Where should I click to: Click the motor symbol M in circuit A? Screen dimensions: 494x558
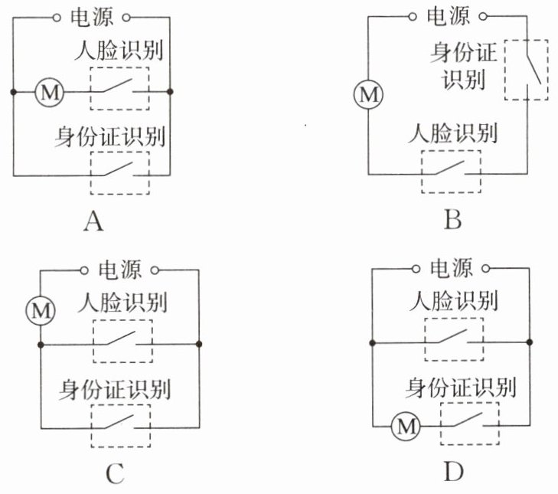[50, 93]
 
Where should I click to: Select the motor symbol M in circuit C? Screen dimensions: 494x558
[40, 310]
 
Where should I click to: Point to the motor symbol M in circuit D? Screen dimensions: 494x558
[403, 424]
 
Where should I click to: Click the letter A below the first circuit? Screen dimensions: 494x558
[93, 221]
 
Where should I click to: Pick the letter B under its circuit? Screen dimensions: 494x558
[452, 221]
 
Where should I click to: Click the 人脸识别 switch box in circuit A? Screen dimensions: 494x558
[119, 91]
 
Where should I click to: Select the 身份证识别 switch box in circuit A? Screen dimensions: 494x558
[119, 174]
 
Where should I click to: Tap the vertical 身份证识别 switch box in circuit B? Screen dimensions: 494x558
[527, 69]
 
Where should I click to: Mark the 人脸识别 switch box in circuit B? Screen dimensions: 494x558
[452, 172]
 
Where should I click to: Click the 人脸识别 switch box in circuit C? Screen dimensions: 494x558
[122, 341]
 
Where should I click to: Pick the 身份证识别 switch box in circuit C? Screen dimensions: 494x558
[121, 426]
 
